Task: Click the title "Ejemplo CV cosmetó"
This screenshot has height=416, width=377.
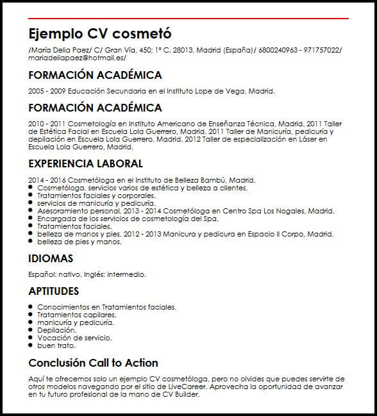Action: click(x=100, y=33)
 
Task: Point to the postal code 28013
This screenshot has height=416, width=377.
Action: click(x=183, y=50)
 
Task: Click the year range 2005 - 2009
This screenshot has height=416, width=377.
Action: click(x=45, y=91)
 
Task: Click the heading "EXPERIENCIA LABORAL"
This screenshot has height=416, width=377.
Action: click(x=85, y=163)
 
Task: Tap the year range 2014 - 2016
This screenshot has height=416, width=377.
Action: click(x=45, y=181)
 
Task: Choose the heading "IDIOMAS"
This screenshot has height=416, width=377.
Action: click(x=51, y=259)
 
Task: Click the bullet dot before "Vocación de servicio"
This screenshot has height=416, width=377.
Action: click(x=31, y=338)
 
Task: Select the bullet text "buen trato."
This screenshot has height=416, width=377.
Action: click(x=56, y=345)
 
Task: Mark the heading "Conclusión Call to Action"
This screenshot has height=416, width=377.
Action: click(x=93, y=363)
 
